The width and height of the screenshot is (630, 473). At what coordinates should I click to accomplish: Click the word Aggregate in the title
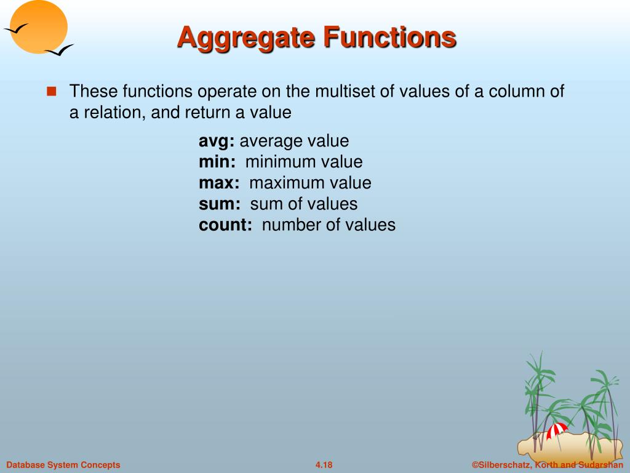click(245, 38)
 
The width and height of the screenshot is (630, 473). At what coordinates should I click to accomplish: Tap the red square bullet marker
click(52, 92)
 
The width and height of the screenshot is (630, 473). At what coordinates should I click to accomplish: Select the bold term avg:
click(217, 142)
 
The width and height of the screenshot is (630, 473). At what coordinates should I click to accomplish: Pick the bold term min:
click(217, 162)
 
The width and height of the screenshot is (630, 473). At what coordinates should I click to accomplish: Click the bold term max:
click(219, 183)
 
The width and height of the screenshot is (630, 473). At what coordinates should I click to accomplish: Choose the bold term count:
click(225, 225)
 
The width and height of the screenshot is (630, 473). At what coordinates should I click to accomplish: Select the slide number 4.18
click(324, 465)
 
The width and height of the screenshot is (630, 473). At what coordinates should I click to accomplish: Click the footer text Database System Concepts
click(63, 465)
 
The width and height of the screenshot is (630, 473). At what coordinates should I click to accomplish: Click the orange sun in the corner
click(40, 26)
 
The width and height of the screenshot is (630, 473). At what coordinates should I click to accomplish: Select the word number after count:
click(291, 225)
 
